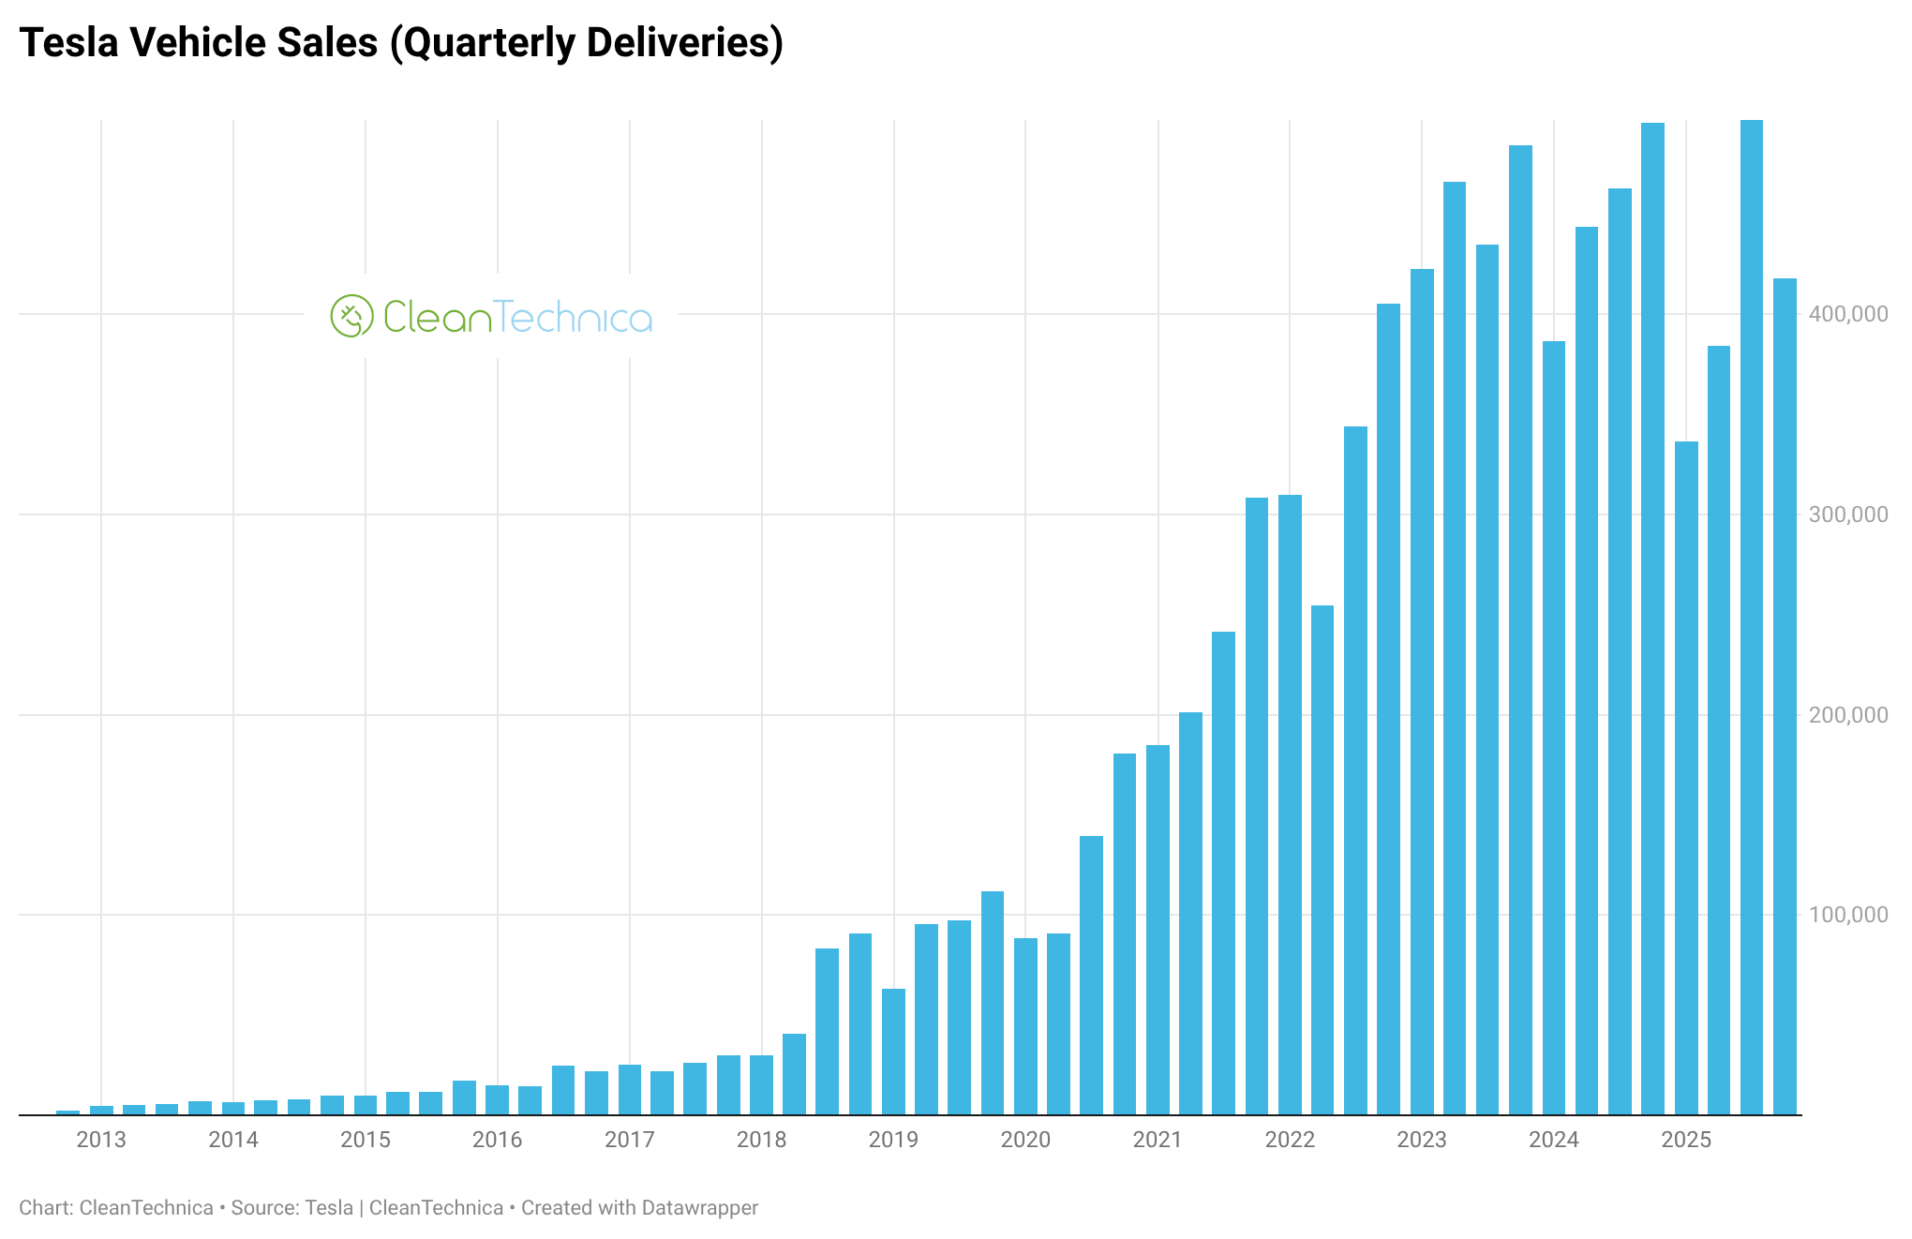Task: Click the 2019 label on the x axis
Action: [x=893, y=1140]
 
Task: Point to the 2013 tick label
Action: [x=101, y=1140]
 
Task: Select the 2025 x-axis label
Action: [x=1686, y=1140]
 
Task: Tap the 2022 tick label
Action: [x=1290, y=1140]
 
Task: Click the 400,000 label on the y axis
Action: [x=1848, y=314]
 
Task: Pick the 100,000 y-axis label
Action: [x=1848, y=915]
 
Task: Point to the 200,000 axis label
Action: [x=1848, y=715]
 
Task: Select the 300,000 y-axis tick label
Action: [x=1848, y=515]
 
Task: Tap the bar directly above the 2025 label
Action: [x=1686, y=778]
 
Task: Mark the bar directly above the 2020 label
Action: [x=1025, y=1026]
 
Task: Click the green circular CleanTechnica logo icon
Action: [x=351, y=316]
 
